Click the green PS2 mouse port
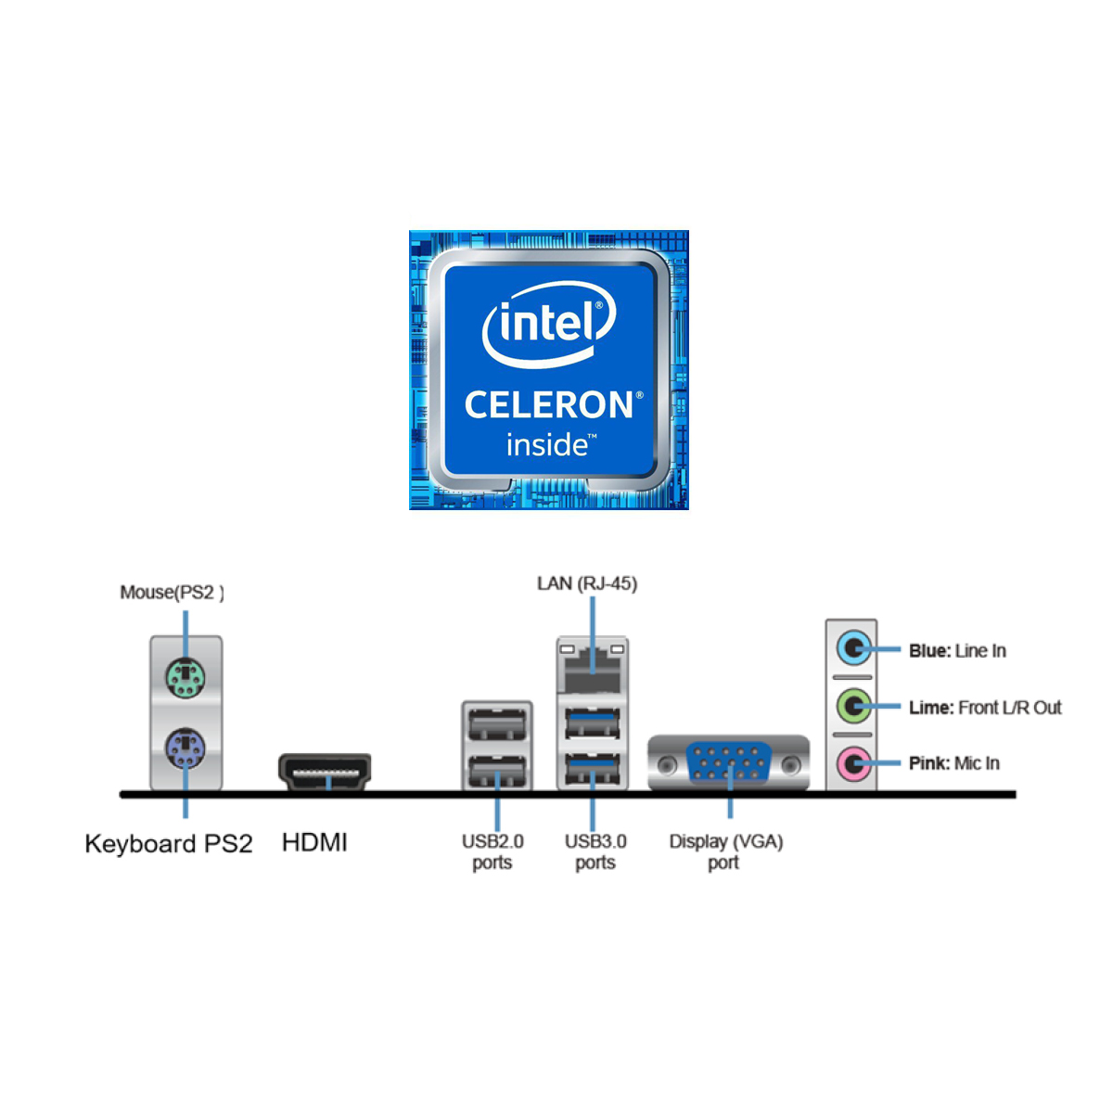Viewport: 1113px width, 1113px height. [x=185, y=678]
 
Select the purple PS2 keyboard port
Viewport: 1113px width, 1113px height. [x=185, y=748]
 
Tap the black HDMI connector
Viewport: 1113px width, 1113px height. [x=325, y=772]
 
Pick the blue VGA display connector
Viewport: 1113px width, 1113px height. [x=729, y=764]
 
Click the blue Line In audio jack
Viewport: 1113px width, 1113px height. [x=853, y=648]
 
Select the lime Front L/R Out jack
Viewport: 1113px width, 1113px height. [x=853, y=707]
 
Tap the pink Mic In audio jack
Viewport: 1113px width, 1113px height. [x=853, y=764]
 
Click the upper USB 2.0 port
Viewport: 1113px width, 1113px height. [x=497, y=723]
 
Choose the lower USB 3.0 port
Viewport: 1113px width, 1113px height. [x=592, y=769]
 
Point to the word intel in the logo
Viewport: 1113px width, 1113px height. [x=548, y=323]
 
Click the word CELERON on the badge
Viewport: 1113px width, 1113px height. [x=550, y=405]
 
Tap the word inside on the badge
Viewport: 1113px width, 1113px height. [x=547, y=445]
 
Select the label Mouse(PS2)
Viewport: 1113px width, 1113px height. [x=172, y=593]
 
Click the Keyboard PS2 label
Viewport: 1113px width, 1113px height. [x=169, y=844]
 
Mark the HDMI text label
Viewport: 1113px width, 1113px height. [x=314, y=842]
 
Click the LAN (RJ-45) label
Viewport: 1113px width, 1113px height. [x=587, y=583]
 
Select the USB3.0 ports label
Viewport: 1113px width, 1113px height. [x=595, y=851]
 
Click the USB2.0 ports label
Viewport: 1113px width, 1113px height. [x=493, y=851]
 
